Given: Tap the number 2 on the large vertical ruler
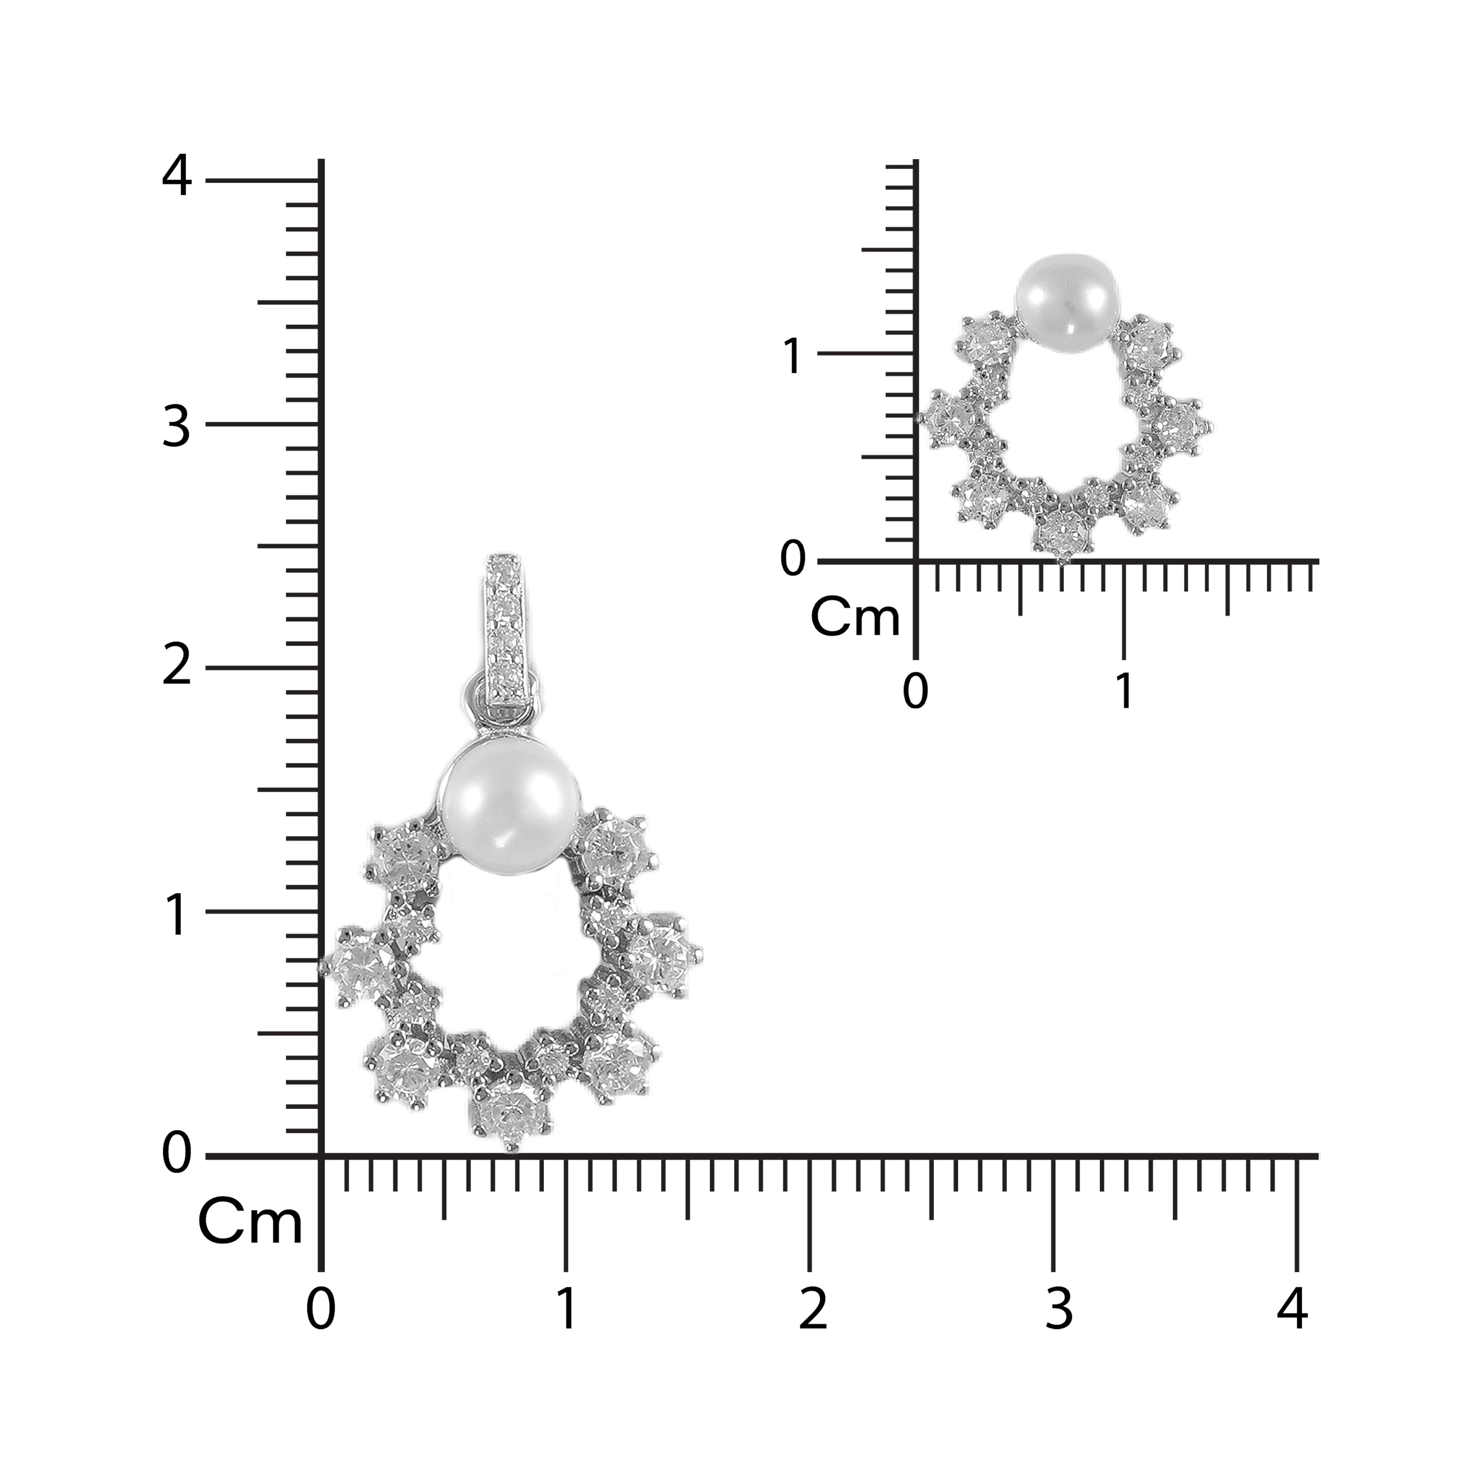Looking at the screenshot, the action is (x=176, y=665).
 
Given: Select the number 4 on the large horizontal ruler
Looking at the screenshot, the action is (x=1292, y=1309).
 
